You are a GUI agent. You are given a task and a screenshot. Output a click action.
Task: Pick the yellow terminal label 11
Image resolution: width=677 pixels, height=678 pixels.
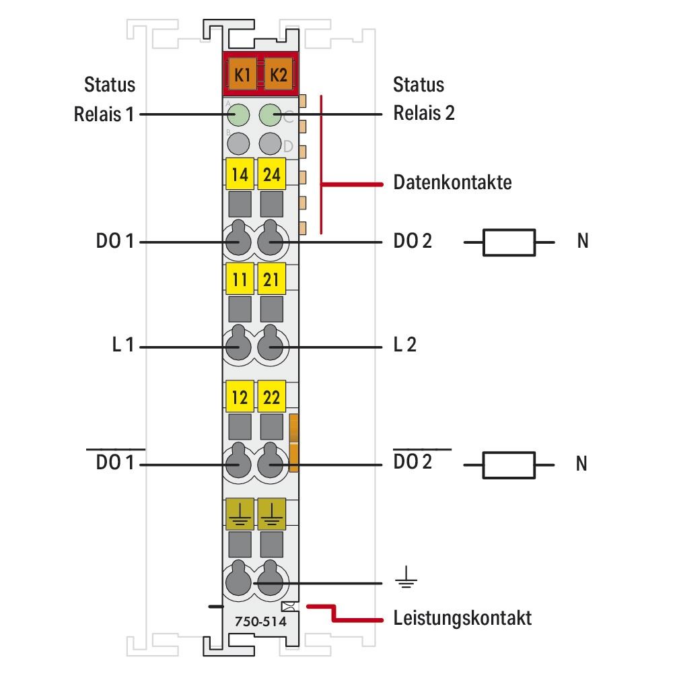pos(239,279)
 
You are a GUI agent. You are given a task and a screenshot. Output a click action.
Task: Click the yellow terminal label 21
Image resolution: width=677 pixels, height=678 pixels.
pos(272,279)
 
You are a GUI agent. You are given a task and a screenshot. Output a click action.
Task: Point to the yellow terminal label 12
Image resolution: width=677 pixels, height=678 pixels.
pos(239,397)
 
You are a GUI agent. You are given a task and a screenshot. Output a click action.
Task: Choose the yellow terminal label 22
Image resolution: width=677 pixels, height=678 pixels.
pos(272,397)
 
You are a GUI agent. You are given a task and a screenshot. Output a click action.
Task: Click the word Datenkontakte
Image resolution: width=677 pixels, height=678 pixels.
pos(452,182)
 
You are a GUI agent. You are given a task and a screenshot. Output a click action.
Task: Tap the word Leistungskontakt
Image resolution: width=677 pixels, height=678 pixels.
pos(462,617)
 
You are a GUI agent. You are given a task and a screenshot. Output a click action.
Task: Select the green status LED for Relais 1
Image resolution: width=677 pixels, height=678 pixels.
pos(238,115)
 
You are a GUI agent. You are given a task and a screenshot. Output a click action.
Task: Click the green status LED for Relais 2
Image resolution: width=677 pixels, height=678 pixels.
pos(271,115)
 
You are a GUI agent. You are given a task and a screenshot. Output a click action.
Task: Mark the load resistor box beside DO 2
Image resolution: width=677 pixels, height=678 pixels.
pos(509,242)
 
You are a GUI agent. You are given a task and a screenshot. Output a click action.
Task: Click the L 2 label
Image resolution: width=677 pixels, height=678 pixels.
pos(404,345)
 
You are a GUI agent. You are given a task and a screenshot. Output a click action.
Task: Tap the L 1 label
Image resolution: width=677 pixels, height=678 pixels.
pos(123,346)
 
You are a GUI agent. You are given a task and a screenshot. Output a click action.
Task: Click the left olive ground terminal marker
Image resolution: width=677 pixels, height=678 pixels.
pos(239,513)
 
